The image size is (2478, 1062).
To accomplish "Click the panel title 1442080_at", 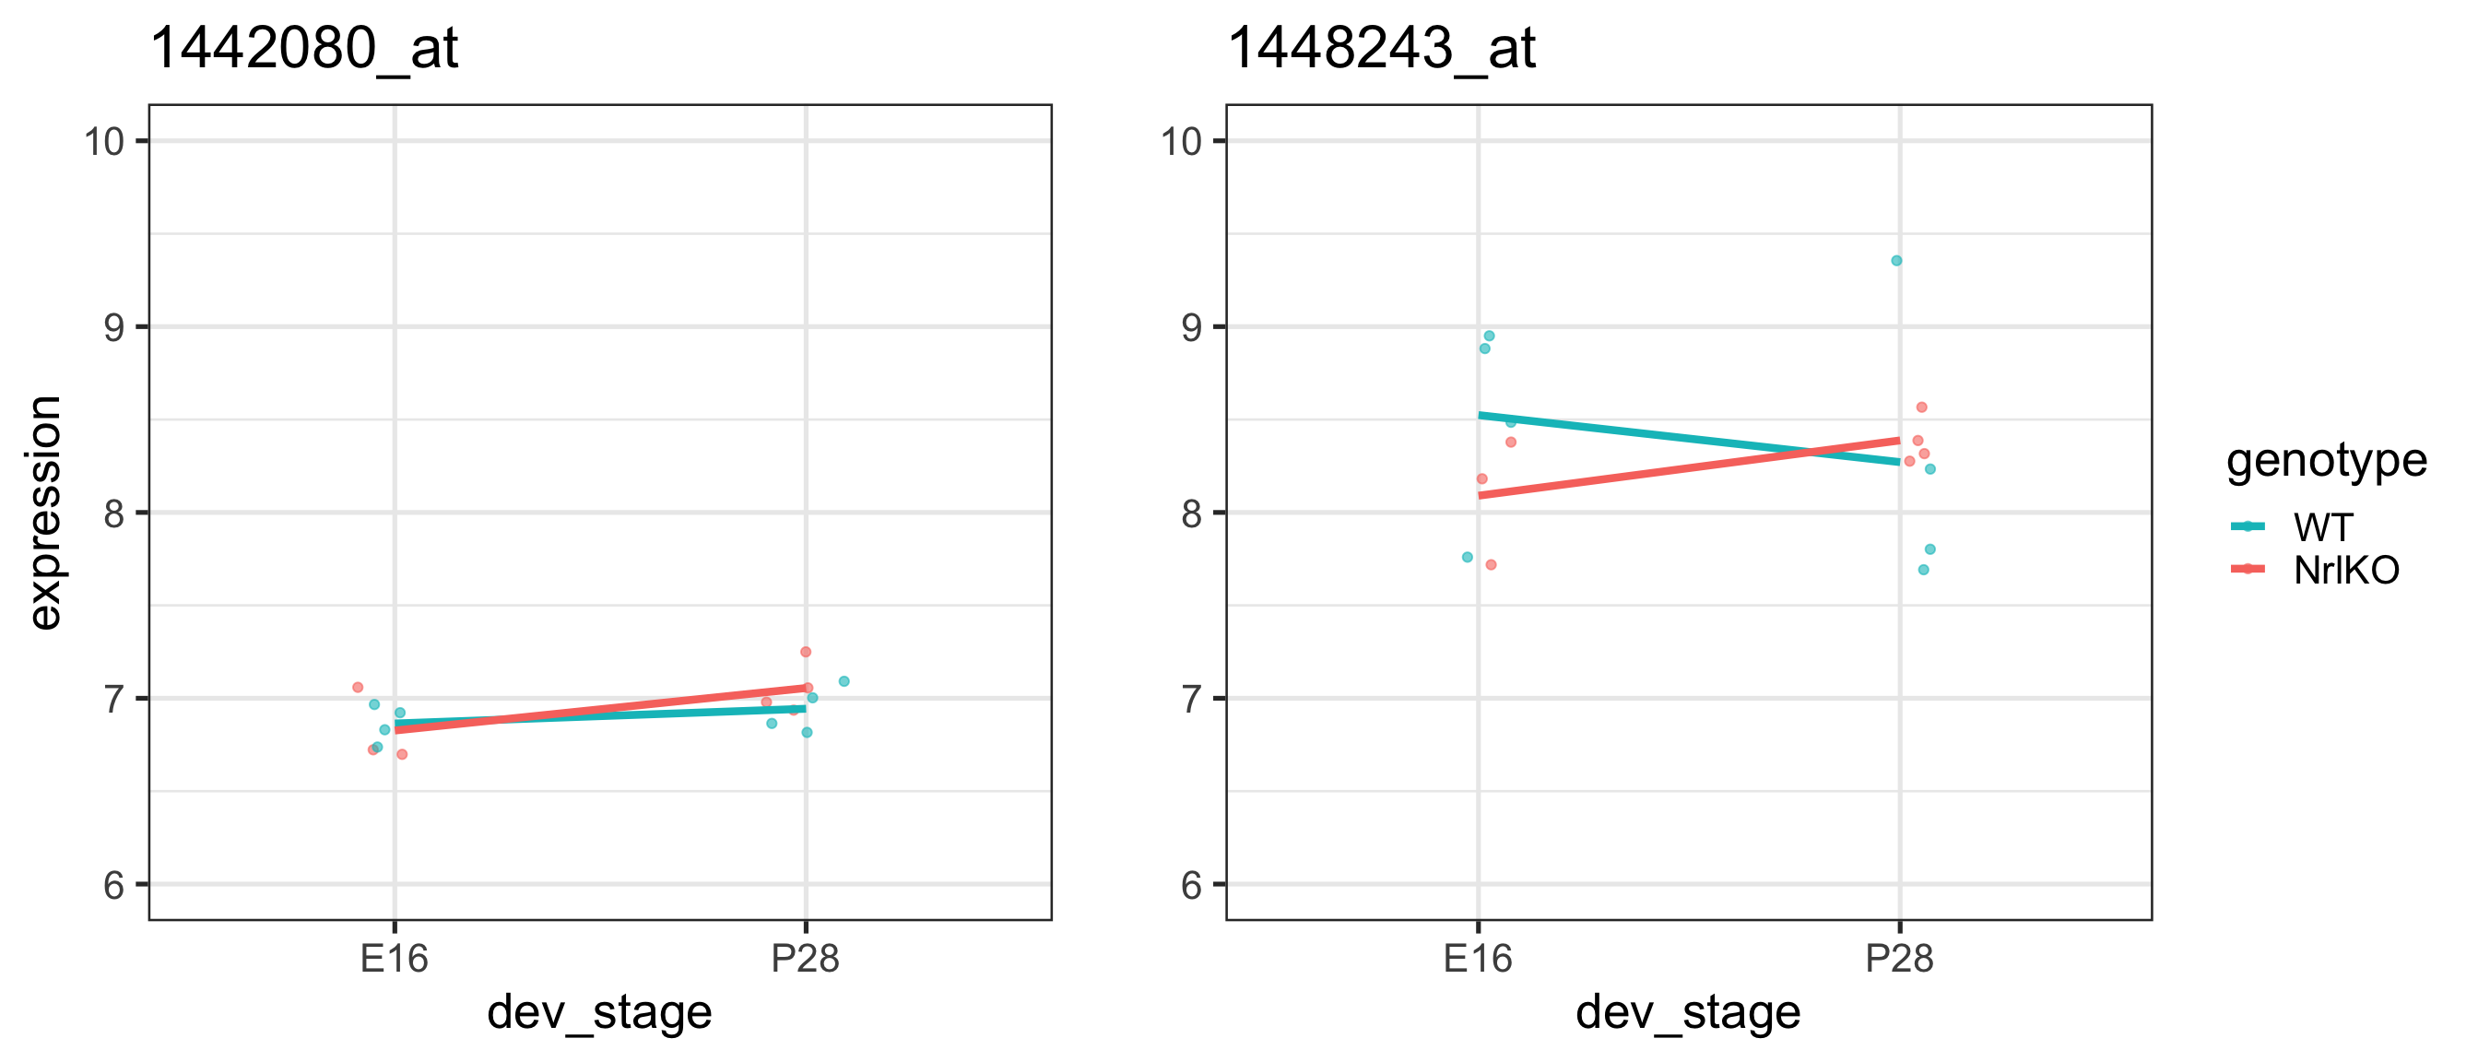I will coord(304,48).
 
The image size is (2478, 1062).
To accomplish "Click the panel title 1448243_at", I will coord(1381,48).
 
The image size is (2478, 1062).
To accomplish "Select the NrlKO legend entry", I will coord(2345,571).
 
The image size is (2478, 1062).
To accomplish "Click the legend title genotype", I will coord(2326,461).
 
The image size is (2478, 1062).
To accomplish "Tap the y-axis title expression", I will coord(44,513).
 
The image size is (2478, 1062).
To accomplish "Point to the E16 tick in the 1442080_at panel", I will coord(395,959).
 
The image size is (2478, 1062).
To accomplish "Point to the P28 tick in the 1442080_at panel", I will coord(806,959).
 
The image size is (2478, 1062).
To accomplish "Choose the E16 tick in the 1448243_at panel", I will coord(1479,959).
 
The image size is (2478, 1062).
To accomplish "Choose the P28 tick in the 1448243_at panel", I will coord(1900,959).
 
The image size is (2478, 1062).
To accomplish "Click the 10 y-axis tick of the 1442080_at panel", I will coord(105,141).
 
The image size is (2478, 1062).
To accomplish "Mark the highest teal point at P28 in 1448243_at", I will coord(1897,261).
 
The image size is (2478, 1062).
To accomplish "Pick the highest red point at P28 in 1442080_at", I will coord(806,652).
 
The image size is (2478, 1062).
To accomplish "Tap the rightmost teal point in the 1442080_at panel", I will coord(844,682).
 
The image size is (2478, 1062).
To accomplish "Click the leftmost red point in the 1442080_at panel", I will coord(358,688).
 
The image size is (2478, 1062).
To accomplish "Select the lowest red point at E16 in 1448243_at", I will coord(1491,566).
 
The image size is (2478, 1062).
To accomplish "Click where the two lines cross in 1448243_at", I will coord(1811,452).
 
